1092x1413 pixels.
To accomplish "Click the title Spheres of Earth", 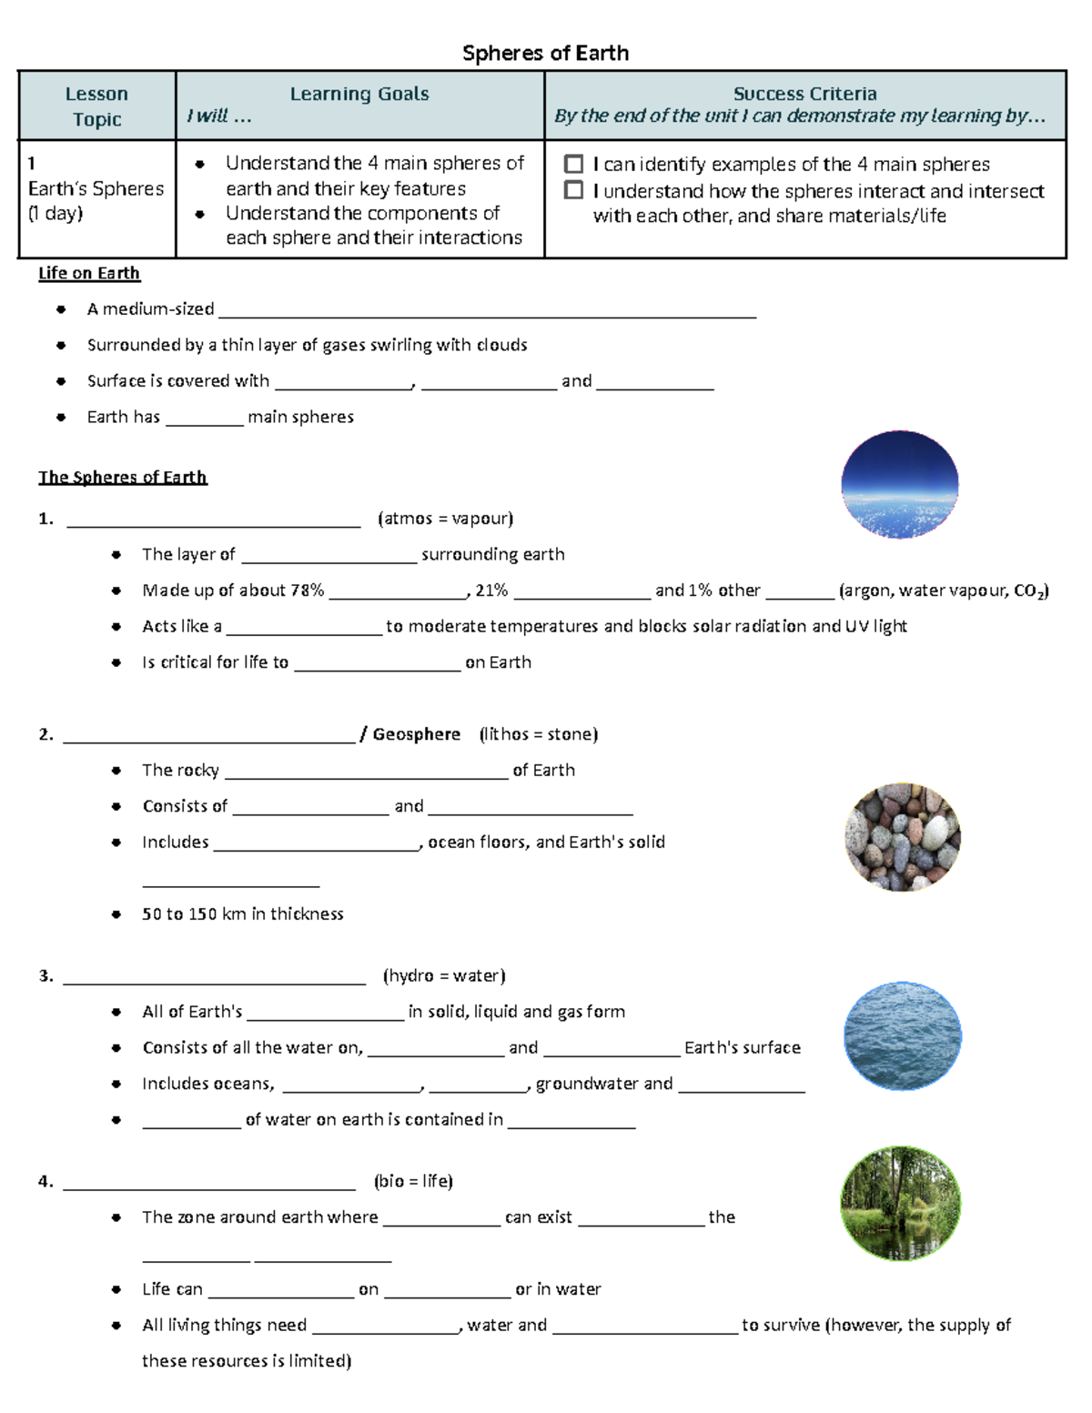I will pyautogui.click(x=545, y=53).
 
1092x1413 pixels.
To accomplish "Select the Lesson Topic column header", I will pyautogui.click(x=96, y=106).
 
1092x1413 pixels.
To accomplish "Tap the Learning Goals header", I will pyautogui.click(x=359, y=94).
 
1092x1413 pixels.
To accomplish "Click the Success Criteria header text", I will pyautogui.click(x=804, y=94).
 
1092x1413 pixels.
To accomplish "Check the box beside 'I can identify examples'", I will pyautogui.click(x=573, y=164).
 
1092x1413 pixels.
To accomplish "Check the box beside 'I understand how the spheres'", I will pyautogui.click(x=573, y=190).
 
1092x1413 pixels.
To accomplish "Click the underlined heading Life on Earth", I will pyautogui.click(x=89, y=273).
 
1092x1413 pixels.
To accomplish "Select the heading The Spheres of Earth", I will pyautogui.click(x=123, y=477).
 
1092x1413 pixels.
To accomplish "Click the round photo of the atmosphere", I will pyautogui.click(x=899, y=484).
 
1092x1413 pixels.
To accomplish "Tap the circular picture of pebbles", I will pyautogui.click(x=902, y=836).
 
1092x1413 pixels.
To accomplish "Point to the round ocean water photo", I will pyautogui.click(x=902, y=1035).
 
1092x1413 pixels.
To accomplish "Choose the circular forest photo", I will pyautogui.click(x=900, y=1204).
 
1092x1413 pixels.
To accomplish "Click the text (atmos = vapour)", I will pyautogui.click(x=445, y=519).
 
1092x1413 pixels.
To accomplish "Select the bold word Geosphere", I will pyautogui.click(x=416, y=734).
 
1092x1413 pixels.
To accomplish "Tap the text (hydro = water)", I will pyautogui.click(x=444, y=975).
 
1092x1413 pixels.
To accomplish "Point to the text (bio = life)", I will pyautogui.click(x=413, y=1181).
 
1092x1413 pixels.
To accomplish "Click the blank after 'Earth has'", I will pyautogui.click(x=205, y=419).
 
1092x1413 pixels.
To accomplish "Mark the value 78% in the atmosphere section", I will pyautogui.click(x=307, y=590).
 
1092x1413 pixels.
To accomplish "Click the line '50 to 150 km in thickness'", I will pyautogui.click(x=242, y=913).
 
